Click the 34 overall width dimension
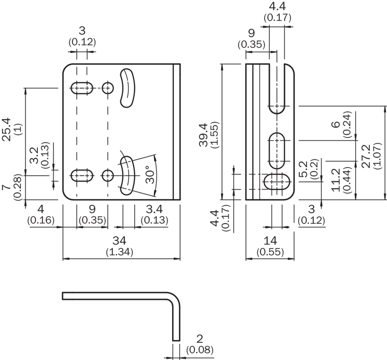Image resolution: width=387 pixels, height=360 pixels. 119,241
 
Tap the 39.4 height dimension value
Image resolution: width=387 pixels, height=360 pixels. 204,135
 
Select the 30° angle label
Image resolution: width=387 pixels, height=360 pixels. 150,175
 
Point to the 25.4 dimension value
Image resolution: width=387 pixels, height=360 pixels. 7,129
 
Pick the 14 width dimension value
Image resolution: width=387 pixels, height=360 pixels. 270,241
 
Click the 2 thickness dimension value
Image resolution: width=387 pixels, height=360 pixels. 199,339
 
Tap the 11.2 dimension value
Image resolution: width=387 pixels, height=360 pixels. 336,180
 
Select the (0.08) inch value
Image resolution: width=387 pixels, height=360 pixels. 200,350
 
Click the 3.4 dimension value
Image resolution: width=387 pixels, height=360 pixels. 154,209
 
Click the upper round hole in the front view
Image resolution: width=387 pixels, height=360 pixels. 107,88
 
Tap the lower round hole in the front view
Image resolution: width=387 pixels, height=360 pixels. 107,175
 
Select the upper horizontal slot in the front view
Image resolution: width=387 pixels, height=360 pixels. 82,88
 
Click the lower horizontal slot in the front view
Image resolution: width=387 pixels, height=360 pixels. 82,175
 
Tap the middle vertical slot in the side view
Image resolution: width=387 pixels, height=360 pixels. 277,151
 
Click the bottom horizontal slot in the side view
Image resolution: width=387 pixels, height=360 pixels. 277,182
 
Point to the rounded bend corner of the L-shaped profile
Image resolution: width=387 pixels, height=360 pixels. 175,297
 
